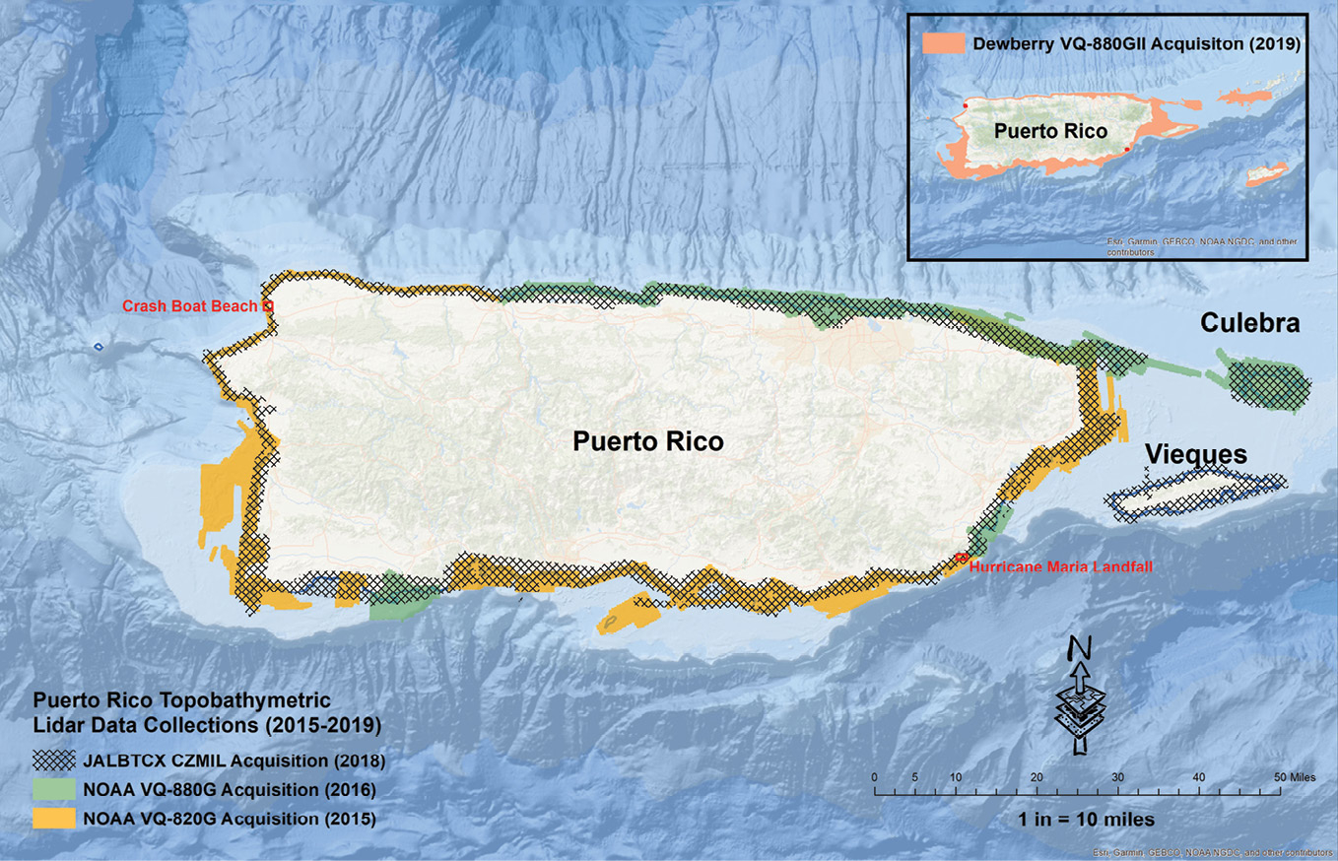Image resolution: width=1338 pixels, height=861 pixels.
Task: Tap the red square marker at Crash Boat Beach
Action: coord(268,307)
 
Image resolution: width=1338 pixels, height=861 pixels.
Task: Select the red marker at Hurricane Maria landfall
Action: coord(962,559)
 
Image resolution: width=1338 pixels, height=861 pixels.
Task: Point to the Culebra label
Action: coord(1249,324)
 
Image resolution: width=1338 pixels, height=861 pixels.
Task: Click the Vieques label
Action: coord(1194,455)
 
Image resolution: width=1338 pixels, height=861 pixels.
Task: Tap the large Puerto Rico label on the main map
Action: coord(648,442)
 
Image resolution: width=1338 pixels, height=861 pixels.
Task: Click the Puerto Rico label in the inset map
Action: coord(1049,131)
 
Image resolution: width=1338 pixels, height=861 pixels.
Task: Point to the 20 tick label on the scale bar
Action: coord(1036,777)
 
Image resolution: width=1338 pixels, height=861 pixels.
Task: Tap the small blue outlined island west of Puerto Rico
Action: coord(98,347)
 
